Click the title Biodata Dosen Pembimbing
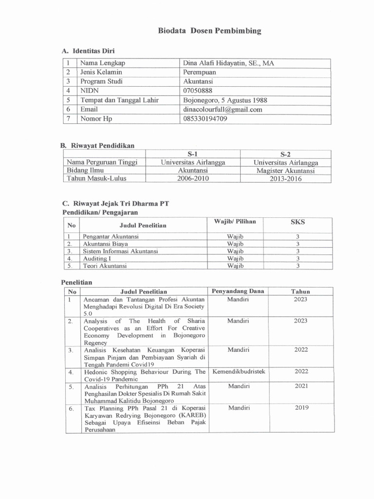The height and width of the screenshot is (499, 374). pos(209,31)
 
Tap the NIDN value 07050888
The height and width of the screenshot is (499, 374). pos(198,91)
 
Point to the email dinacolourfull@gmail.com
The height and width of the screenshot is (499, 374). pos(223,110)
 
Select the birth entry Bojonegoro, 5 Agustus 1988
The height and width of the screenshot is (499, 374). pos(225,100)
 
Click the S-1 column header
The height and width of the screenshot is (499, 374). pos(193,154)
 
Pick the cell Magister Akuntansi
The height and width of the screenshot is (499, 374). pos(286,171)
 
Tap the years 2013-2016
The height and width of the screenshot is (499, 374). pos(286,179)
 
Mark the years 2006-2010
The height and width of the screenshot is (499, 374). pos(193,179)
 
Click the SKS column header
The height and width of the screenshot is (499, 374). pos(298,222)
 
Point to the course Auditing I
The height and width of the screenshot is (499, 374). pos(97,258)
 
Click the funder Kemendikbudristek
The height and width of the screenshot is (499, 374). pos(239,371)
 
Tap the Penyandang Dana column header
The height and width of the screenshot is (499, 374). pos(238,291)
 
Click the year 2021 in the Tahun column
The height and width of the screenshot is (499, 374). pos(300,386)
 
